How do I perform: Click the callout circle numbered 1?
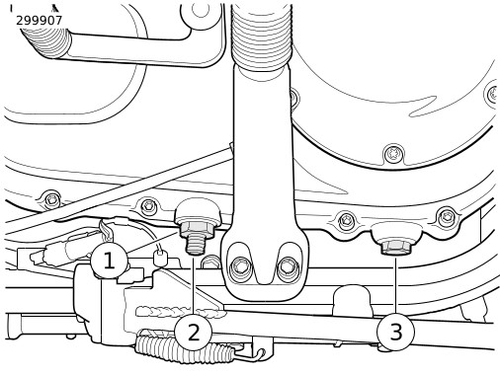tap(109, 262)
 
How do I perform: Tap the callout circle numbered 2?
tap(193, 332)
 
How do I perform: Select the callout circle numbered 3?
tap(395, 332)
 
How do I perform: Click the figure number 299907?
tap(39, 21)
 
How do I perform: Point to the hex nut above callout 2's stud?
tap(197, 229)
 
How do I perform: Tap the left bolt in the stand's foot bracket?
tap(240, 266)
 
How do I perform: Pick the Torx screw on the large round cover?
tap(393, 153)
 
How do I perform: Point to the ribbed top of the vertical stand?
tap(261, 37)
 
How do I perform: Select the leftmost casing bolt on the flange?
tap(51, 199)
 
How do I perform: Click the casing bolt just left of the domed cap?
tap(148, 206)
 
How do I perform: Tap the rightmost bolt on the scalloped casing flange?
tap(447, 216)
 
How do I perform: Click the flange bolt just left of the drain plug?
tap(345, 219)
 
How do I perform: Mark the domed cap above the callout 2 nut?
tap(196, 210)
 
